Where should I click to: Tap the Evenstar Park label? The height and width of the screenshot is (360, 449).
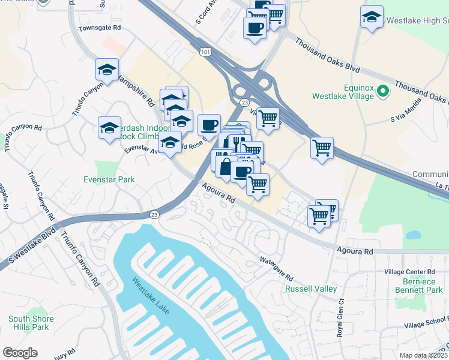(x=109, y=179)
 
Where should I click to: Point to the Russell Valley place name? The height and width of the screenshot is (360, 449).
(x=310, y=289)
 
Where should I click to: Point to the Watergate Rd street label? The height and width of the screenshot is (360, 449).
(x=276, y=269)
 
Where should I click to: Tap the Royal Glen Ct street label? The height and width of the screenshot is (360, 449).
(x=340, y=318)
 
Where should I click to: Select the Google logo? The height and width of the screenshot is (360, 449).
(x=19, y=353)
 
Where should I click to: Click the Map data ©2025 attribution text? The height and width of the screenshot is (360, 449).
(x=423, y=355)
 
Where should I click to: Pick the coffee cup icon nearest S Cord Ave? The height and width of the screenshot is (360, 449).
(x=255, y=27)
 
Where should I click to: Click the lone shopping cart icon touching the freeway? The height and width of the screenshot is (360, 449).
(x=322, y=147)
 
